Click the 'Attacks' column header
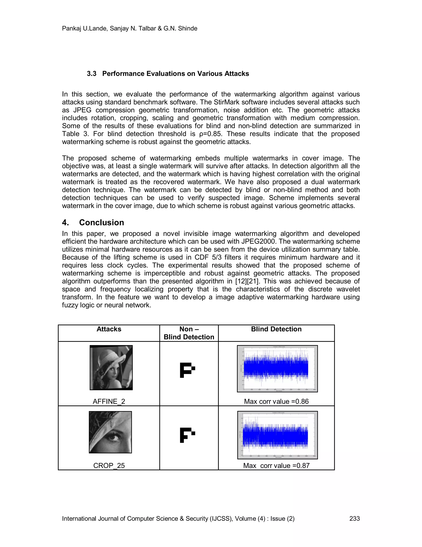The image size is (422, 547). point(109,329)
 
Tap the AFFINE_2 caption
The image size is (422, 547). point(109,401)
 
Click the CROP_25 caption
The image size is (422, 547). point(109,466)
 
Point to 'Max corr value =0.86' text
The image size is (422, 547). point(276,401)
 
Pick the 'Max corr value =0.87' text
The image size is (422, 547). point(276,466)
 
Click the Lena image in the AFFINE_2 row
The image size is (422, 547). point(111,367)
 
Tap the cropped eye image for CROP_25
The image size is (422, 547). point(110,432)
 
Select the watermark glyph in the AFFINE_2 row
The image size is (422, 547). point(187,370)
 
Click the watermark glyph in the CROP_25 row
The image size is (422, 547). point(187,435)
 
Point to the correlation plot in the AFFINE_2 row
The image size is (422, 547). point(277,369)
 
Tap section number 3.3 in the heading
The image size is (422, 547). point(91,74)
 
